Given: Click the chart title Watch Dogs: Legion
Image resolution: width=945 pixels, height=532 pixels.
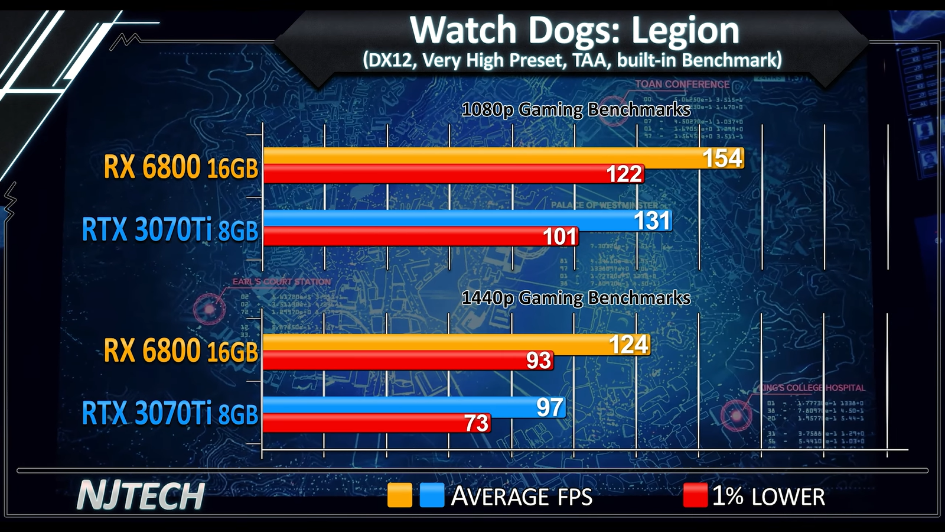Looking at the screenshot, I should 574,30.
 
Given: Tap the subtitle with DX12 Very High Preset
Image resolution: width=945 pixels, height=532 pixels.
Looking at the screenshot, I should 572,60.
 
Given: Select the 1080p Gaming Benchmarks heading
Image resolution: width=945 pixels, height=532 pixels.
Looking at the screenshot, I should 576,110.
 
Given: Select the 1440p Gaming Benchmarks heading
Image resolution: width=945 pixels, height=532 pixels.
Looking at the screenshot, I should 576,298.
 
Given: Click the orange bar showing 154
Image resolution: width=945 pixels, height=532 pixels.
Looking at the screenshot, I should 502,157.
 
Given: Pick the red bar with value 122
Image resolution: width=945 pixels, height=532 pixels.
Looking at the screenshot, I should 452,174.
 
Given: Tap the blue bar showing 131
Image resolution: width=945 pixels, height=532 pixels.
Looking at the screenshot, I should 467,220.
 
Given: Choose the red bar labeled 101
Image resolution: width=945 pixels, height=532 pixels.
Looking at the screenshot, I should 419,236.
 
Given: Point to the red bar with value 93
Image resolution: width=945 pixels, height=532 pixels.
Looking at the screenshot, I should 408,361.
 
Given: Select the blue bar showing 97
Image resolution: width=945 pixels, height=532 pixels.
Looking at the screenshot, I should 413,407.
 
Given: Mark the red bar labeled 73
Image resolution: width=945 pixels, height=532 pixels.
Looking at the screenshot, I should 376,423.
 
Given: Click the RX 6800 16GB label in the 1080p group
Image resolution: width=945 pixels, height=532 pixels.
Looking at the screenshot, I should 181,167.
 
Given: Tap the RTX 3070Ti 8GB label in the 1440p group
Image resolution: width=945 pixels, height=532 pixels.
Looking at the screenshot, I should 170,413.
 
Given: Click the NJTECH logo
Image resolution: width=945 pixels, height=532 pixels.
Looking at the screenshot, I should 141,496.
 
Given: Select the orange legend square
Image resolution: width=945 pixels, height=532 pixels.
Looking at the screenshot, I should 399,495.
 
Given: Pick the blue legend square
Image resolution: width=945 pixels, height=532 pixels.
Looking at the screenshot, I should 432,495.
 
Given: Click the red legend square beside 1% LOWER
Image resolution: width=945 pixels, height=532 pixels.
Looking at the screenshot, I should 695,495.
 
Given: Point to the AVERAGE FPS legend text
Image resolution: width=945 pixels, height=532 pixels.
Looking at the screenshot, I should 522,497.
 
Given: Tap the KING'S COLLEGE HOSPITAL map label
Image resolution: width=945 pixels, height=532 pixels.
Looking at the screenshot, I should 812,388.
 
